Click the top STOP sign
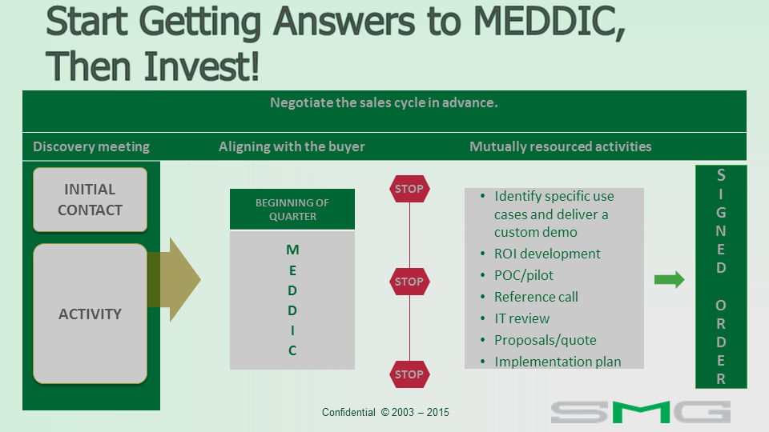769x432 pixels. (x=409, y=189)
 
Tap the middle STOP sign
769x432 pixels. (x=409, y=282)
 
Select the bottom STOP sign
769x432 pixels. (x=409, y=374)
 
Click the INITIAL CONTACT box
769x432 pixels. (x=91, y=199)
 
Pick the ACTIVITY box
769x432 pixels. (x=91, y=314)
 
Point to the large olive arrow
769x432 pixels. (x=174, y=280)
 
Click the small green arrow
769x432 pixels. (x=670, y=280)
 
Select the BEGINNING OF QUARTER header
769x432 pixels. (x=292, y=209)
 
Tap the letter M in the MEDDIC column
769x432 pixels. (x=292, y=250)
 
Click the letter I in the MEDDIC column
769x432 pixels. (x=292, y=330)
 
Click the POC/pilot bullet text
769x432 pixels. (x=523, y=275)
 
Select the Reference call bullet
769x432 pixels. (x=536, y=297)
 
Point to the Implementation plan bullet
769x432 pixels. (x=558, y=362)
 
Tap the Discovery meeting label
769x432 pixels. (x=91, y=147)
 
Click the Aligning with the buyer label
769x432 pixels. (x=292, y=147)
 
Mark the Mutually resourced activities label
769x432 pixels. (x=561, y=147)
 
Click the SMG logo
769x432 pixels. (x=641, y=412)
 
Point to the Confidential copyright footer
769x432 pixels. (x=385, y=413)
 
